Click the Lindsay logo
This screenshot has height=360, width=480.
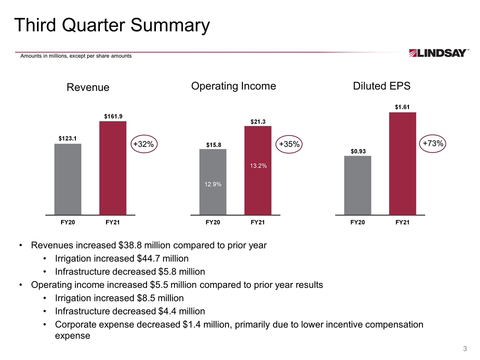pos(438,53)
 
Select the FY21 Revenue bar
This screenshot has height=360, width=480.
pos(112,167)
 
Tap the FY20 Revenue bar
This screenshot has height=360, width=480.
pos(67,179)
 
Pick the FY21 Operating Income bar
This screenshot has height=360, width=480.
pos(257,170)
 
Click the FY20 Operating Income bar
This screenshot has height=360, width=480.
pos(212,181)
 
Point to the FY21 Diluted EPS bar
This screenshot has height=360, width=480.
pos(402,163)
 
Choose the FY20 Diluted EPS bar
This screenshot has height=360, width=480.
pos(357,185)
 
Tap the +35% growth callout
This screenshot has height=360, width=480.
pos(289,144)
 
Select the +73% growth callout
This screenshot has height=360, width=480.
pos(433,143)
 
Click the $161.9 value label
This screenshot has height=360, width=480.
pos(113,116)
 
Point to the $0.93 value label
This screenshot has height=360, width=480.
pos(357,150)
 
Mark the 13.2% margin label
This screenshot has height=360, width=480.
pos(258,165)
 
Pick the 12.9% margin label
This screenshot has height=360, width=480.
pos(212,184)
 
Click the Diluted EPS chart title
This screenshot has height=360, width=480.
pos(381,86)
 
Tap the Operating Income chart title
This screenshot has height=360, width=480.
pos(233,86)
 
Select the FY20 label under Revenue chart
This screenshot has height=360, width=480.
pos(67,222)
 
